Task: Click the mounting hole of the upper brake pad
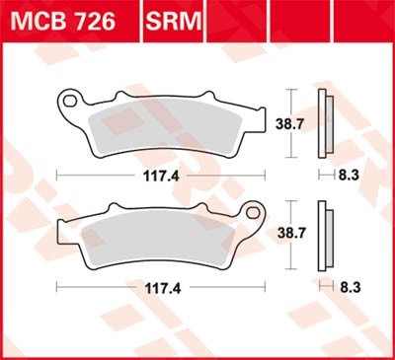(70, 99)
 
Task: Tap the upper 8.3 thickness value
(345, 174)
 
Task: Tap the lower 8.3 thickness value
(345, 287)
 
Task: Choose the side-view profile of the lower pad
(323, 235)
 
